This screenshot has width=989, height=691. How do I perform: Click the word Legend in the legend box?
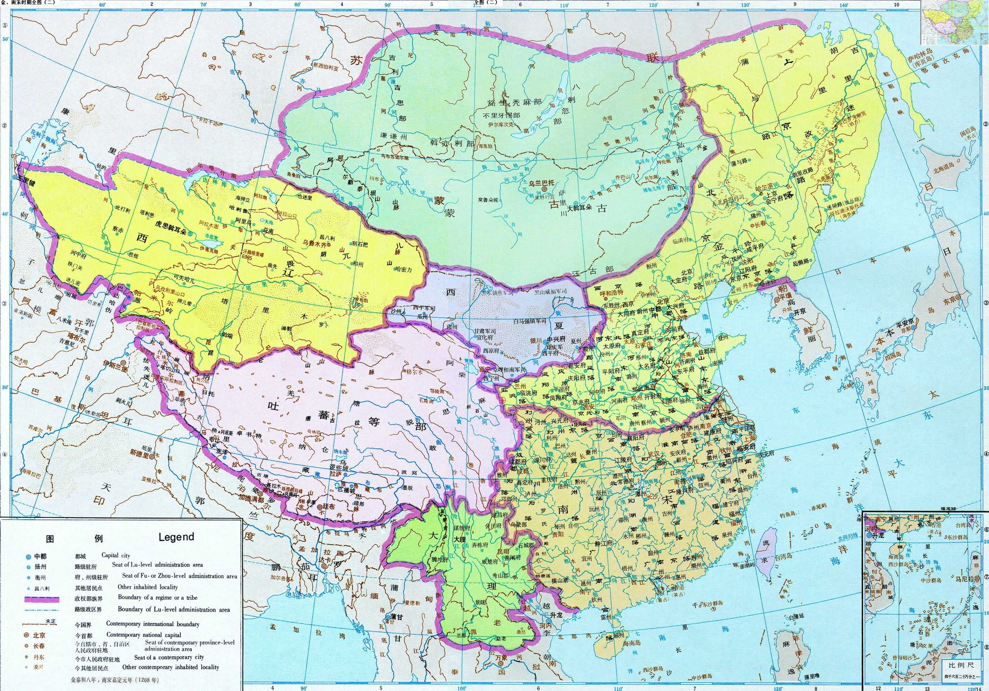tap(176, 537)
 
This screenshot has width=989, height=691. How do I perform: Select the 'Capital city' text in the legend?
tap(115, 555)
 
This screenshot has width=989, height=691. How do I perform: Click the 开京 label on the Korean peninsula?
tap(800, 312)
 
